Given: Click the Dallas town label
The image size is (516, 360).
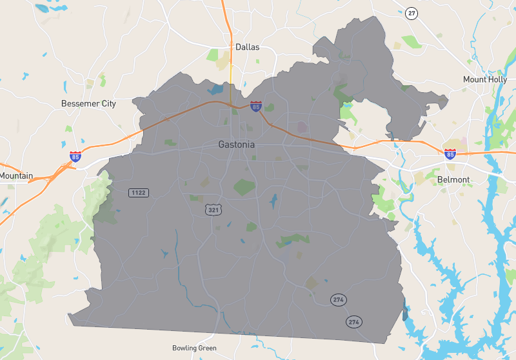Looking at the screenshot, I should pos(247,47).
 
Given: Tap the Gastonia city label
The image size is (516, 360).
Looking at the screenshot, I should pos(237,145).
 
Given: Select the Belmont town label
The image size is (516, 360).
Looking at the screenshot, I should pos(453,179).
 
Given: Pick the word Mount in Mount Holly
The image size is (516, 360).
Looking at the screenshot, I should pos(475,79).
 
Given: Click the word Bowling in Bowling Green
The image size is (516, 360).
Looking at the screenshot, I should pos(184,348).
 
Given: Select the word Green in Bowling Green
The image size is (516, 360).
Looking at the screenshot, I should pos(208,348).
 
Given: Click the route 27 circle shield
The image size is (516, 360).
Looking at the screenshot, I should pos(412,13).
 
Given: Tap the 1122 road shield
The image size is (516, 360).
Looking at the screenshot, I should pos(139,192).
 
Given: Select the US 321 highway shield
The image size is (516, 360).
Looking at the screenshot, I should pos(213,210).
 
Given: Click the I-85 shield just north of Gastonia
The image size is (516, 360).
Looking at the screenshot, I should pos(257,106).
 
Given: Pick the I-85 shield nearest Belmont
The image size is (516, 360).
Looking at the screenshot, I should pos(450,154).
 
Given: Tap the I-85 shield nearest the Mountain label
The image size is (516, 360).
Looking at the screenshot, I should pos(76,156).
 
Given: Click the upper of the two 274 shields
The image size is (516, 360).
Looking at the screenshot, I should pos(338,299).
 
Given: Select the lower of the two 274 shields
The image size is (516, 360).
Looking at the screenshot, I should pos(353,321).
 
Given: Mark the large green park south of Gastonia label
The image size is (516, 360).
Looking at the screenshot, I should pos(244,187).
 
